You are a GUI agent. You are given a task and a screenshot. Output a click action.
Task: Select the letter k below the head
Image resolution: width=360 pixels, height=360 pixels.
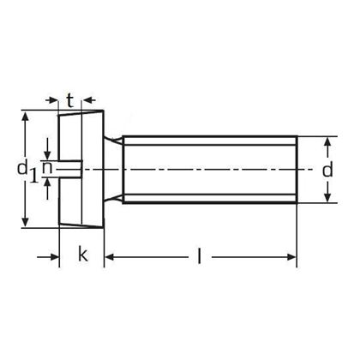[x=83, y=254]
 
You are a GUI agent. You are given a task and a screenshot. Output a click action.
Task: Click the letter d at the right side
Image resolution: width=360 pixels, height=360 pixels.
[x=327, y=170]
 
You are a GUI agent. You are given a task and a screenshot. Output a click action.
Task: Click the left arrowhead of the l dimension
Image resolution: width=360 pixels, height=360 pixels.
[x=110, y=255]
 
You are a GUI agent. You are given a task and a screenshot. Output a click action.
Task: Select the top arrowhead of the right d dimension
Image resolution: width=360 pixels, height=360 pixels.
[x=327, y=141]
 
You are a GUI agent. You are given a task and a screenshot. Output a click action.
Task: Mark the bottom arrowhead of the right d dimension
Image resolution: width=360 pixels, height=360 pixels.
[x=327, y=199]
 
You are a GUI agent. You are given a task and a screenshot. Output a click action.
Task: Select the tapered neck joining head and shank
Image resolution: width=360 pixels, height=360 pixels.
[x=112, y=170]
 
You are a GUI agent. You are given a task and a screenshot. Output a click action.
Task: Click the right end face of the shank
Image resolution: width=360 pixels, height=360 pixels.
[x=297, y=170]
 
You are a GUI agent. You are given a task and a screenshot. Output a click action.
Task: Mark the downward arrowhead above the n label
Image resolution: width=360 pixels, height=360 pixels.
[x=48, y=158]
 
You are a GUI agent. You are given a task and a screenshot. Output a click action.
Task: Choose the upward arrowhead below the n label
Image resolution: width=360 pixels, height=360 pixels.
[x=48, y=183]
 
